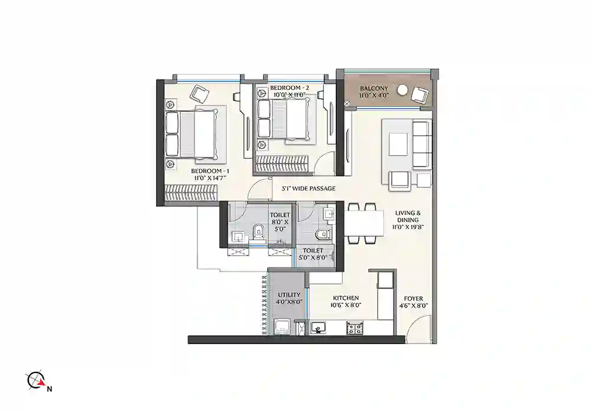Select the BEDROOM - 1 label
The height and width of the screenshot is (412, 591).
coord(198,171)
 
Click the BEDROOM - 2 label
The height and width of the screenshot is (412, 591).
coord(289,87)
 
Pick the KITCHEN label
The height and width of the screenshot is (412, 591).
coord(346,298)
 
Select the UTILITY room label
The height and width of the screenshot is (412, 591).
coord(290,295)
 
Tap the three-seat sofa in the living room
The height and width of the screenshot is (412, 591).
coord(421,145)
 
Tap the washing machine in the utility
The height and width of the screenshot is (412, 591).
coord(282,326)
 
